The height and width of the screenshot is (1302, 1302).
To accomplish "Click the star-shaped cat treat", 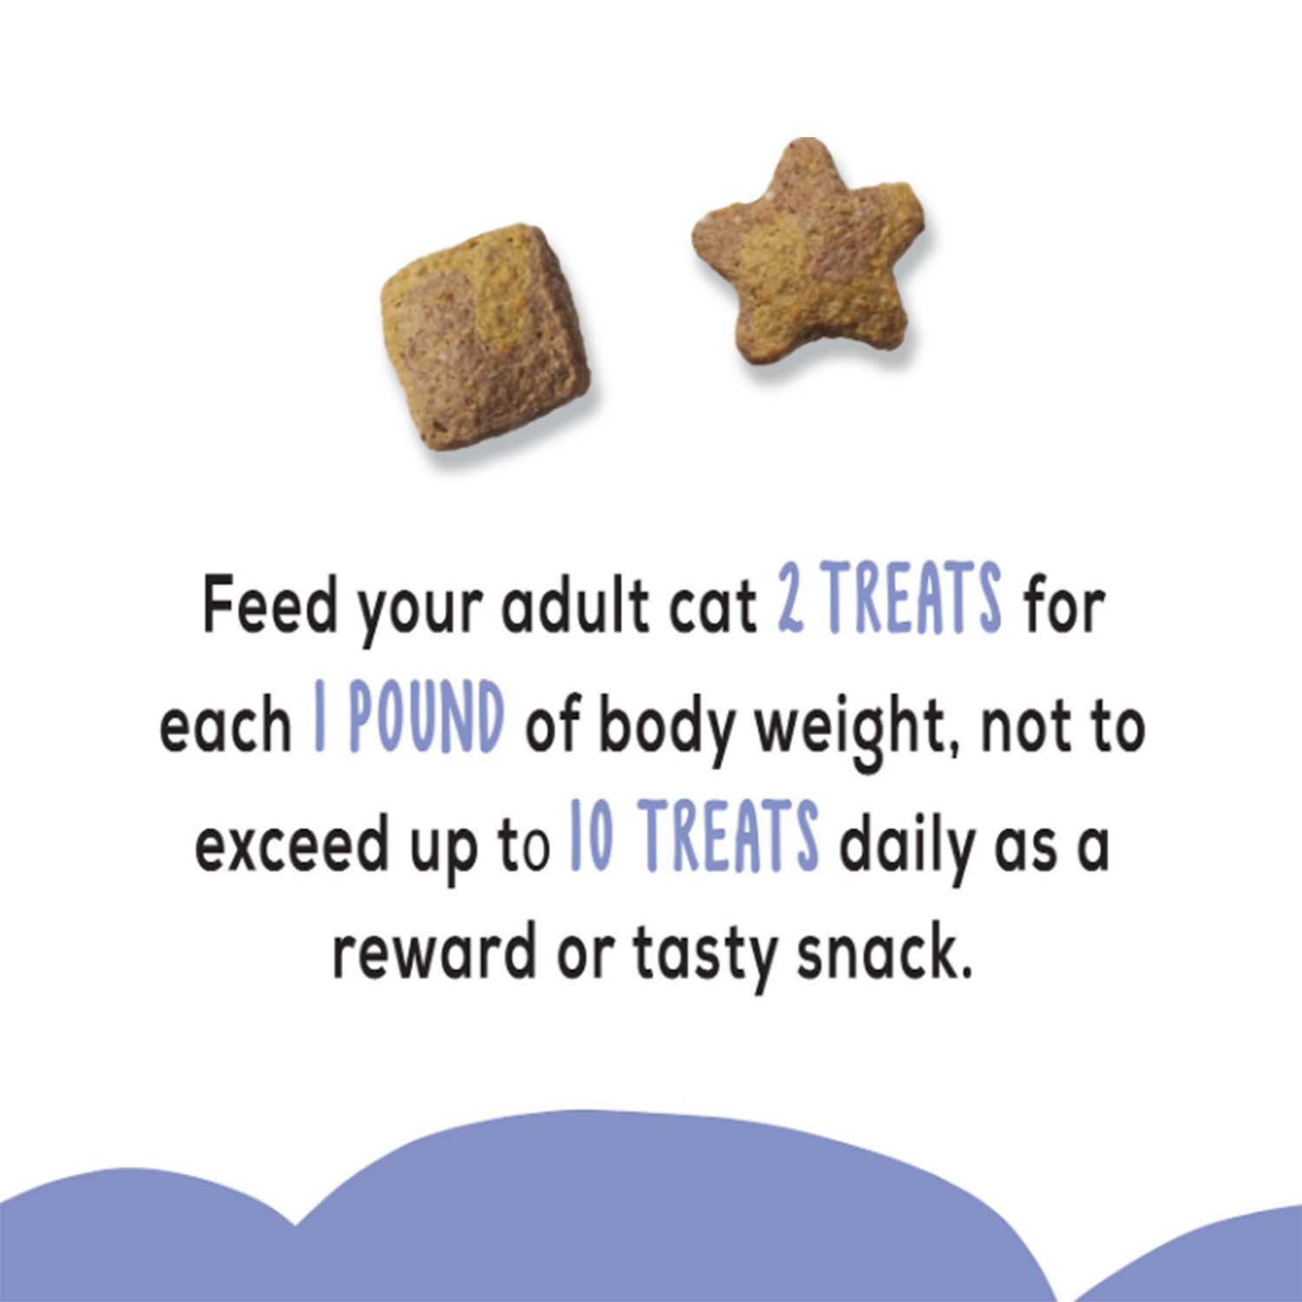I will [807, 260].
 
